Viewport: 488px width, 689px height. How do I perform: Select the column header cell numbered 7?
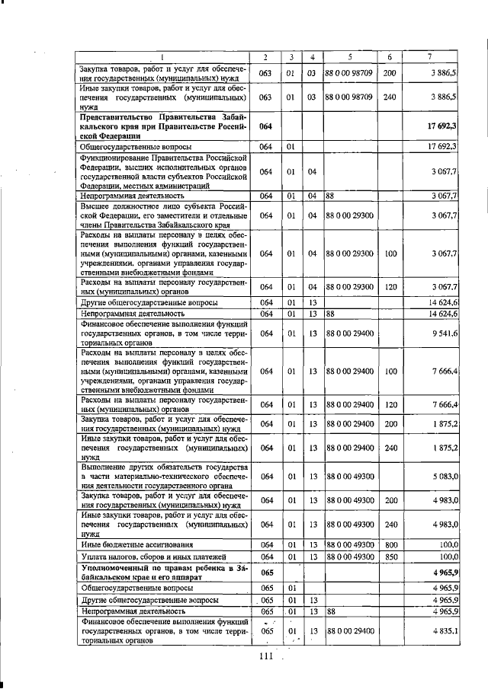(x=432, y=58)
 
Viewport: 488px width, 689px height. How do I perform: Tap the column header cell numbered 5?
(x=349, y=58)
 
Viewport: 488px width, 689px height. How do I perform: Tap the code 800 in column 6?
(x=390, y=545)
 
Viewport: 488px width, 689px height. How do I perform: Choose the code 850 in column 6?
(x=390, y=557)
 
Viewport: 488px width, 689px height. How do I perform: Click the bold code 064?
(x=265, y=125)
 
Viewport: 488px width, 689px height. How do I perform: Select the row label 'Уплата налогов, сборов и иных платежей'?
(x=146, y=557)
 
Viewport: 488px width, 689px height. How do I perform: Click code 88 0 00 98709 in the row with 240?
(x=348, y=97)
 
